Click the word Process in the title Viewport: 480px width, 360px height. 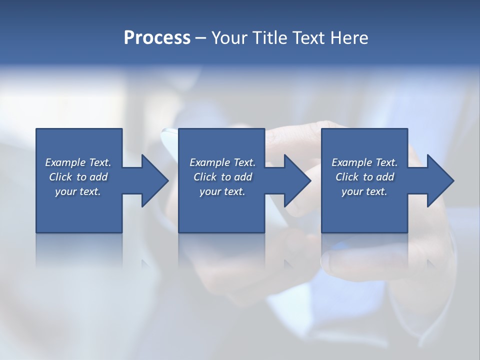(157, 38)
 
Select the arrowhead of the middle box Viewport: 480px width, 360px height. (297, 180)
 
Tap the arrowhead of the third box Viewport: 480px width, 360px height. (440, 180)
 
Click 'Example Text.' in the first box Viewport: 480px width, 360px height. (78, 162)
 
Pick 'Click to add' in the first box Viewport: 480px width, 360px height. (78, 177)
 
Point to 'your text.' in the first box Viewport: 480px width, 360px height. (78, 191)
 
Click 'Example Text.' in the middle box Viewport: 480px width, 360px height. (222, 162)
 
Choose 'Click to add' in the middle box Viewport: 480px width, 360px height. (222, 177)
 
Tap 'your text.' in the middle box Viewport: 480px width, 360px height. (222, 191)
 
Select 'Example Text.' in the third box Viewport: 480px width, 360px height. (364, 162)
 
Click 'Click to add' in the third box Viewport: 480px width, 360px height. (364, 177)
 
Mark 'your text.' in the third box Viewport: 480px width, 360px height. (364, 191)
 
